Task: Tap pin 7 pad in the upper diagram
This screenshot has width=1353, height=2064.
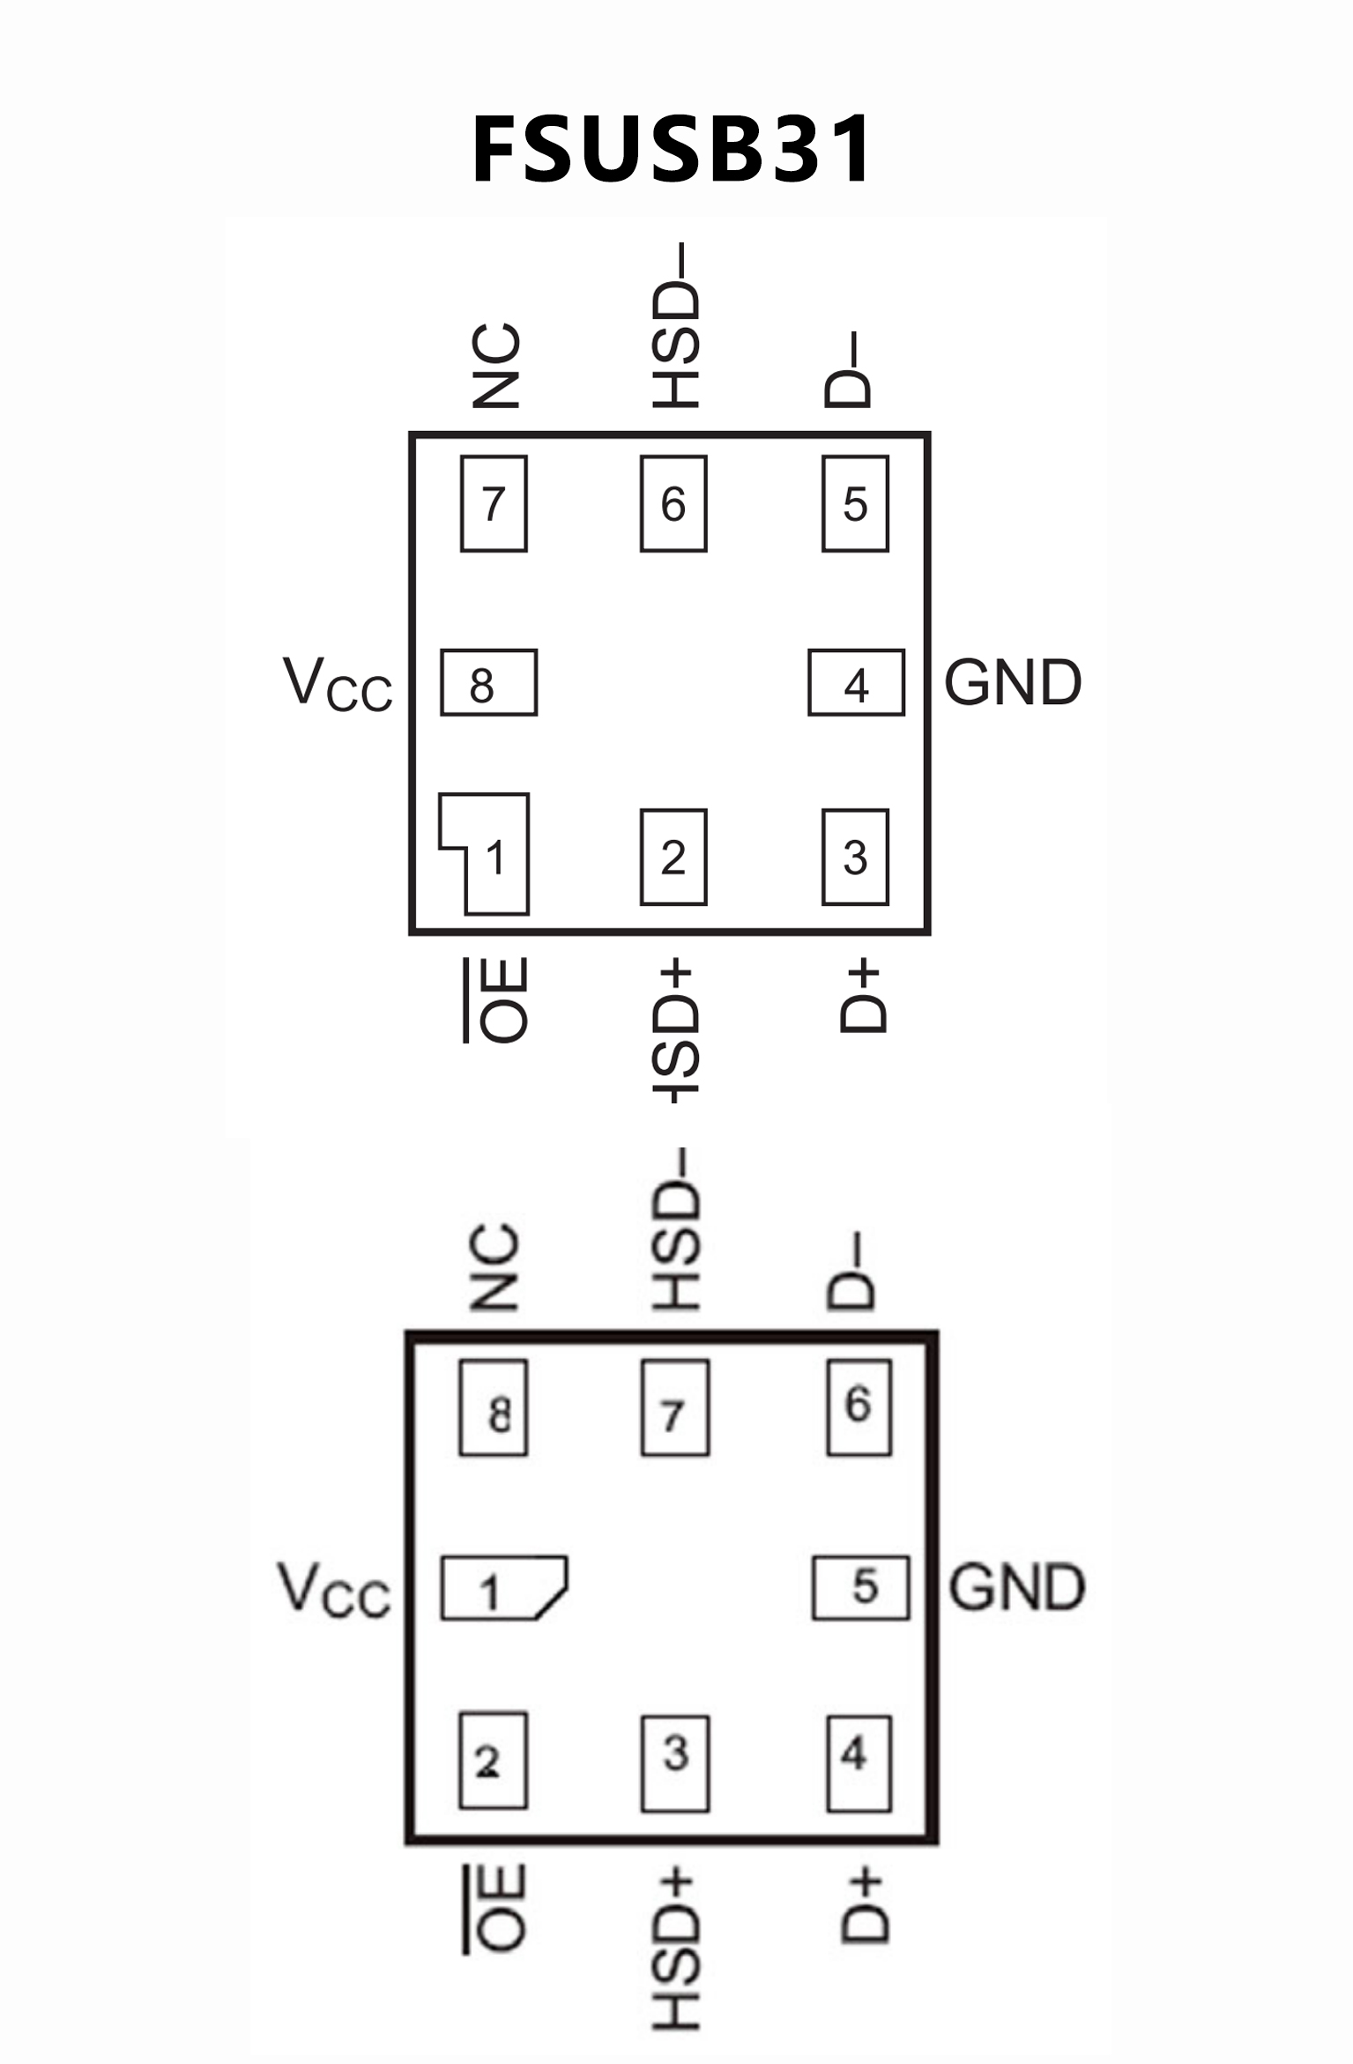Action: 494,503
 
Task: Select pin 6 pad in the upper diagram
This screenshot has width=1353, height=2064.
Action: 673,503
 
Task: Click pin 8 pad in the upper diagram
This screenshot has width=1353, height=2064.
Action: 488,683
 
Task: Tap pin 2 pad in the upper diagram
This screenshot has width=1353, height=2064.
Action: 673,857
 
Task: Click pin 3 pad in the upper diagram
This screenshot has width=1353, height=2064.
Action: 855,857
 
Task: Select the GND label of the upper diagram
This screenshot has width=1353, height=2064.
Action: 1013,683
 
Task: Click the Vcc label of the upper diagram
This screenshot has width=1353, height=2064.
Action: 338,684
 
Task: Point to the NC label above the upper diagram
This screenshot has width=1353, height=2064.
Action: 496,366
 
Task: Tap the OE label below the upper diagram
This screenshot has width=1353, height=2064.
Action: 499,999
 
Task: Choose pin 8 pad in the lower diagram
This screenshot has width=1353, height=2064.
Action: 494,1407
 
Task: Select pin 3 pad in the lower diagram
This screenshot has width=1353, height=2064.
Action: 675,1763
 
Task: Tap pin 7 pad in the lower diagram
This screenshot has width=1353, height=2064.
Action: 675,1407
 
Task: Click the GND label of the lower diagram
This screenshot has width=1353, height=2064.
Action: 1016,1587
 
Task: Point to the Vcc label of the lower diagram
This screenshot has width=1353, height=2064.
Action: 334,1589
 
